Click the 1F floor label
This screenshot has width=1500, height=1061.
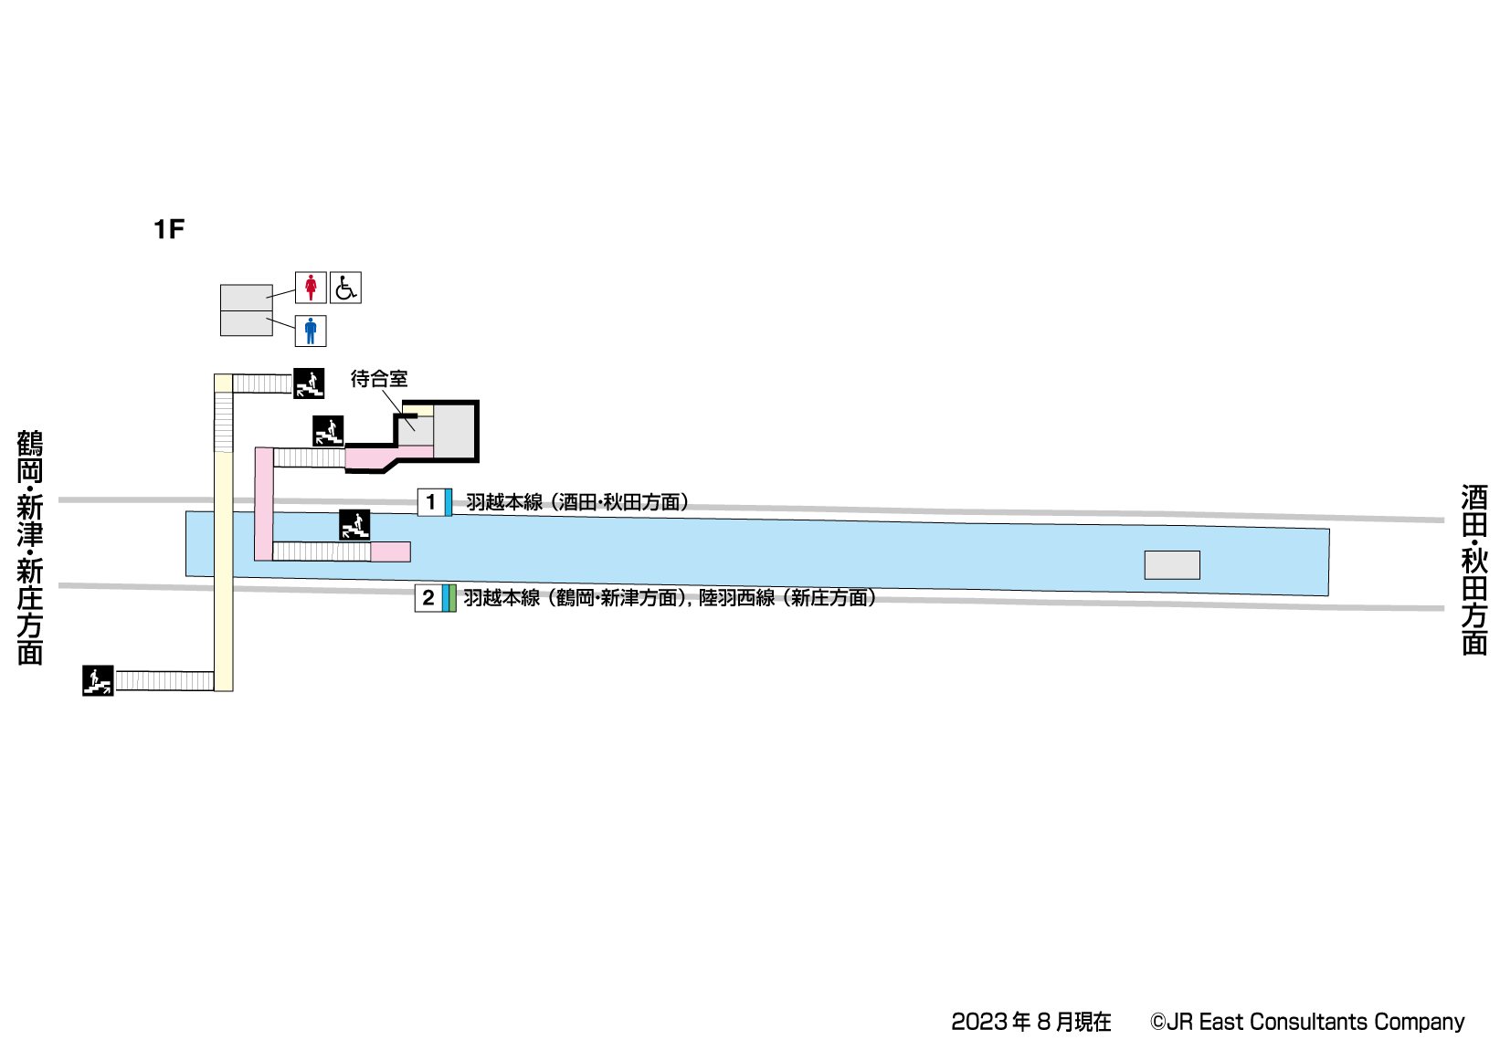169,229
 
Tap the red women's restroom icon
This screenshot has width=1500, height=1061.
311,288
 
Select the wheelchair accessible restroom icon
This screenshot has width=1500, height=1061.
345,288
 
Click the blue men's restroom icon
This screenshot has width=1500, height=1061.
311,331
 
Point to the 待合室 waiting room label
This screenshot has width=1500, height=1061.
379,378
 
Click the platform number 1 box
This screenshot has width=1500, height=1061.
430,502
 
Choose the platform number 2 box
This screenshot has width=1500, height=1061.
428,598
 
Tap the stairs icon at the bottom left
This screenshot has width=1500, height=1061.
98,680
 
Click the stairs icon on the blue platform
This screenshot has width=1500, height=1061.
354,525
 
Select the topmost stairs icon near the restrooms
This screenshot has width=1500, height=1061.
309,383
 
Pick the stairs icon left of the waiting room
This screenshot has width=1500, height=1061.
328,431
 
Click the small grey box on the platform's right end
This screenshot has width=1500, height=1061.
1172,565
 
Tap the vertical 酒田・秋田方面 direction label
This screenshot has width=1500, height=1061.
1474,570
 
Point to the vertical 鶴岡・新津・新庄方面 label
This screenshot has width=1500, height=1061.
30,548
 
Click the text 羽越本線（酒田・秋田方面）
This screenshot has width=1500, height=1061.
577,502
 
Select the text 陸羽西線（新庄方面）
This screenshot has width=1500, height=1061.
788,598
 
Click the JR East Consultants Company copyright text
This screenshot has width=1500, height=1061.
1307,1022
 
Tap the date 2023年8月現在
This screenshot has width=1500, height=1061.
1031,1022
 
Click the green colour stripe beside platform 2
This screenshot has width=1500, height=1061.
452,598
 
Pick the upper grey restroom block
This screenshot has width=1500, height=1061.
246,298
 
